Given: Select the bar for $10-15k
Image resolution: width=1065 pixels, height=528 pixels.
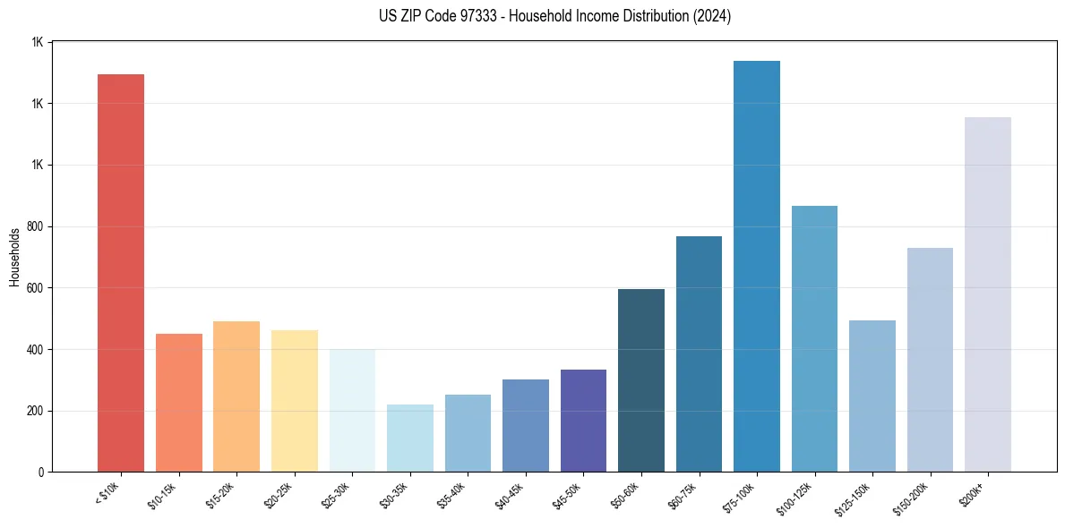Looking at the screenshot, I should (x=179, y=403).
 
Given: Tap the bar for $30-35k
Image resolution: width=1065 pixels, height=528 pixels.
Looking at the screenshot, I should (x=410, y=439).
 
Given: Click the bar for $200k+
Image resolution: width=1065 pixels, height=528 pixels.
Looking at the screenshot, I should (x=988, y=295).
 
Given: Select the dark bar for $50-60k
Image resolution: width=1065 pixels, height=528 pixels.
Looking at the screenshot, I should (x=641, y=380).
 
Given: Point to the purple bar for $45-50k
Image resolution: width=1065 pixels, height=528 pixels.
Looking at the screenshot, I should (x=583, y=421).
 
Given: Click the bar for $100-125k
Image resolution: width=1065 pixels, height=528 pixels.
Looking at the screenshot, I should (x=814, y=339).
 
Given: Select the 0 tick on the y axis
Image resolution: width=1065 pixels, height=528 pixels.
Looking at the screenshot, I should (x=41, y=473).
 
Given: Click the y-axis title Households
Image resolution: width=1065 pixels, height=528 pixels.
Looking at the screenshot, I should (x=14, y=257).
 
